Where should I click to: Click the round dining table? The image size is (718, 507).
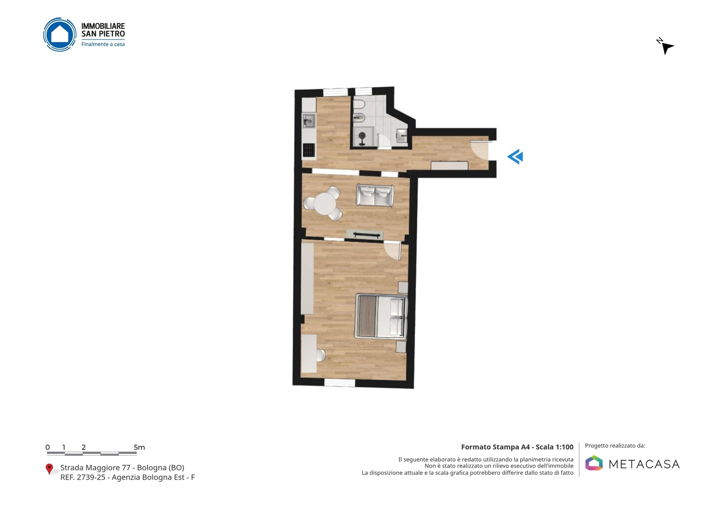click(325, 204)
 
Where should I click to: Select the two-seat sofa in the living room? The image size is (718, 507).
click(375, 195)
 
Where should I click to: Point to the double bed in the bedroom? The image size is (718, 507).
click(381, 316)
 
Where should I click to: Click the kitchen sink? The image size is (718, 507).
click(309, 122)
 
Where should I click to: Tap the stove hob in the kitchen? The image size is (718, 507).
click(309, 150)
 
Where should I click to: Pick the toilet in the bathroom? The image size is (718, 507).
click(359, 105)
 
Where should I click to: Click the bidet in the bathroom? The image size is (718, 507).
click(359, 119)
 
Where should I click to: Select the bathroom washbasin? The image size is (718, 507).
click(402, 135)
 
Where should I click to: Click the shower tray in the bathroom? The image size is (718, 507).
click(363, 137)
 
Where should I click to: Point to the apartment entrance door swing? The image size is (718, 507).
click(479, 150)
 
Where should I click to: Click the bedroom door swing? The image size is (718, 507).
click(393, 251)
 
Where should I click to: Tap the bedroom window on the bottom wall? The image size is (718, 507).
click(340, 382)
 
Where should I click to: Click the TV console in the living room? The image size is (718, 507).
click(365, 235)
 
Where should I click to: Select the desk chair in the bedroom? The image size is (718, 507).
click(321, 355)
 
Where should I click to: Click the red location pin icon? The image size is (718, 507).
click(49, 469)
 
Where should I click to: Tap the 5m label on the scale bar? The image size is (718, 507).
click(140, 447)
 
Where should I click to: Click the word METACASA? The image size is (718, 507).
click(644, 464)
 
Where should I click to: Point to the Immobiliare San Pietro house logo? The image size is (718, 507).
click(60, 34)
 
